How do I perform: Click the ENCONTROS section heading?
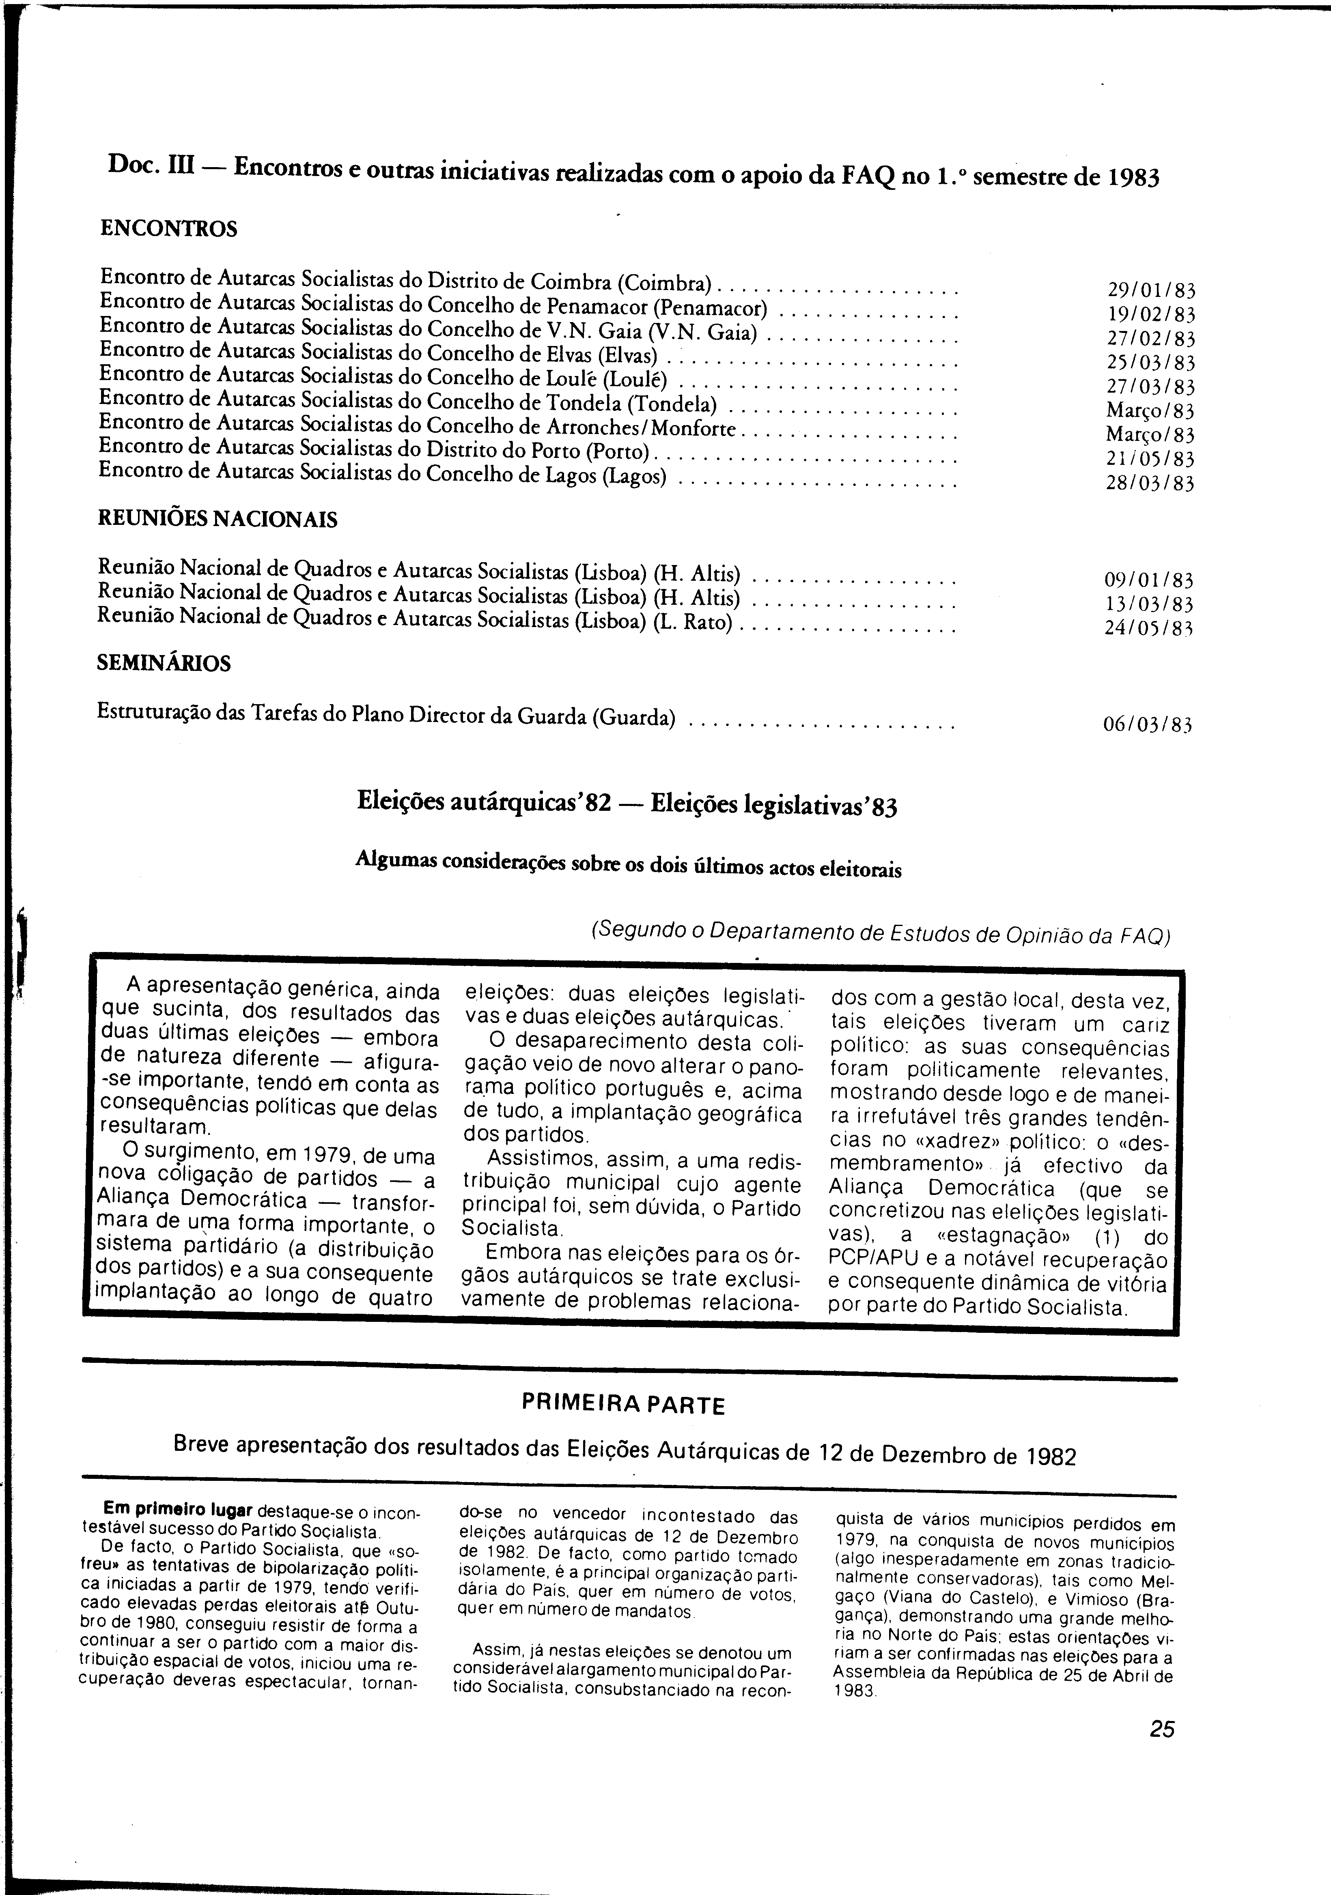coord(168,229)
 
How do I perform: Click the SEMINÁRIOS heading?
coord(164,664)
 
